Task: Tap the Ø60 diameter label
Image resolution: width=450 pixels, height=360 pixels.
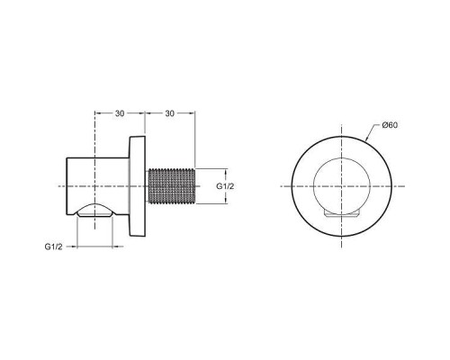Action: coord(390,125)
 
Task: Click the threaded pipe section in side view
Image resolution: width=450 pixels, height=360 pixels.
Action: coord(171,185)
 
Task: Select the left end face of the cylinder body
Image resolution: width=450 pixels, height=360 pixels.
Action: coord(68,185)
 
